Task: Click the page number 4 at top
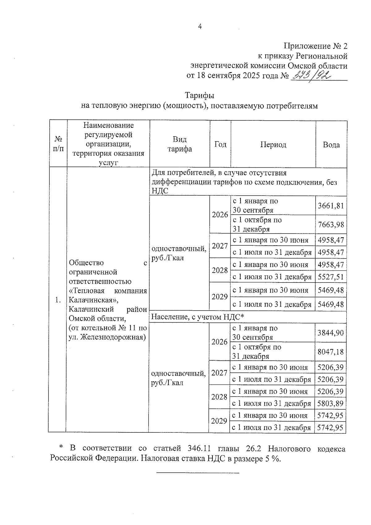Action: (x=200, y=27)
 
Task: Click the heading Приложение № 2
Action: (x=315, y=46)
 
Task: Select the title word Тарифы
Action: (x=199, y=95)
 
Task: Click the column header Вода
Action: (x=331, y=145)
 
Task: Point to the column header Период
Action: (x=273, y=145)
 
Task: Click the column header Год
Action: (x=220, y=144)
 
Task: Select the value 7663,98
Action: (x=331, y=225)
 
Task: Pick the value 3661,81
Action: (x=331, y=206)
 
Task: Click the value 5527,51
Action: (x=331, y=277)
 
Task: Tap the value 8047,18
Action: (x=330, y=352)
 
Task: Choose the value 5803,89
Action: (x=330, y=403)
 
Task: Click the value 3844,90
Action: (x=330, y=333)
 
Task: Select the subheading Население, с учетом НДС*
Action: (x=198, y=317)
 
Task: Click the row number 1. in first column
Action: (x=58, y=300)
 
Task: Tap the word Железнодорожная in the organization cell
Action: (x=113, y=337)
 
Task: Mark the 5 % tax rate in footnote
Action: (x=272, y=458)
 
